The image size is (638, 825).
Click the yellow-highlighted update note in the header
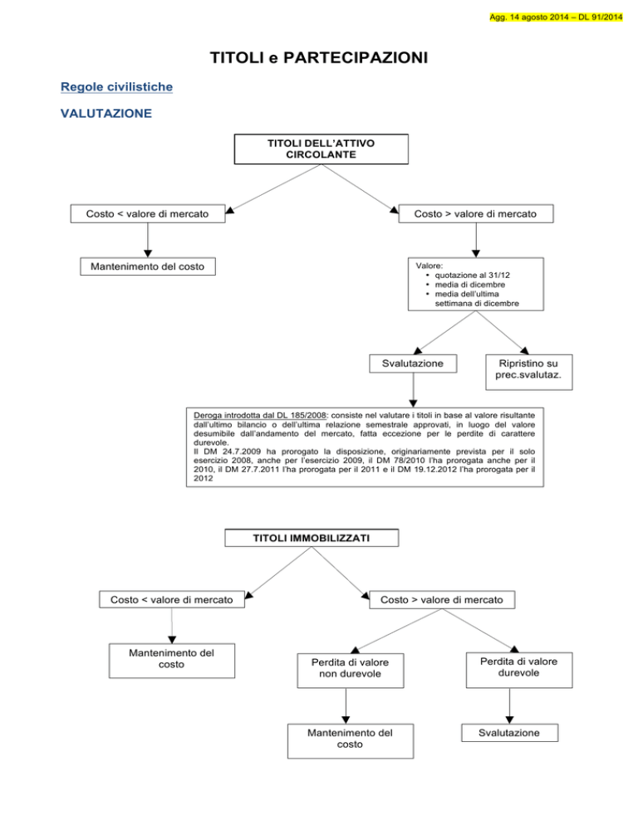556,17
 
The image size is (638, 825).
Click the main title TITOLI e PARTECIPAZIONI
319,57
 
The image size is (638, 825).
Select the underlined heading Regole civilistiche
116,87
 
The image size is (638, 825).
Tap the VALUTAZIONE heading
106,113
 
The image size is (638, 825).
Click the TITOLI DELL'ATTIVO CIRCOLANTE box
321,149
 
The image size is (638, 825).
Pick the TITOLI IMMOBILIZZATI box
312,538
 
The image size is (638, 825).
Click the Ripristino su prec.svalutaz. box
528,372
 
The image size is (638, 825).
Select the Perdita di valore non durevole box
351,671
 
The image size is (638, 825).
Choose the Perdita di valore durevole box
519,670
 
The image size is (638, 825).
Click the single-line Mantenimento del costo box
148,266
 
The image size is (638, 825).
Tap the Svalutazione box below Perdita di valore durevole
509,733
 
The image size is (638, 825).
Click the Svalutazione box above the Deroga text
413,364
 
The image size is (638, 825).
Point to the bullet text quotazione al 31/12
472,276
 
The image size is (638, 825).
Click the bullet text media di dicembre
470,285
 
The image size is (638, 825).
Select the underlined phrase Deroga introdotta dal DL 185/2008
260,415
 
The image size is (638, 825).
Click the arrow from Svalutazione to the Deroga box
413,390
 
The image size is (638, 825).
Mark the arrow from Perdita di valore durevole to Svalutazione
509,706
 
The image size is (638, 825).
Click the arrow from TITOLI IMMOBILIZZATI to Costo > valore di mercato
341,574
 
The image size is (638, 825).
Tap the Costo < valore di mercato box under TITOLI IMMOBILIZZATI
172,599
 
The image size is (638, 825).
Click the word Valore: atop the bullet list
429,266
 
